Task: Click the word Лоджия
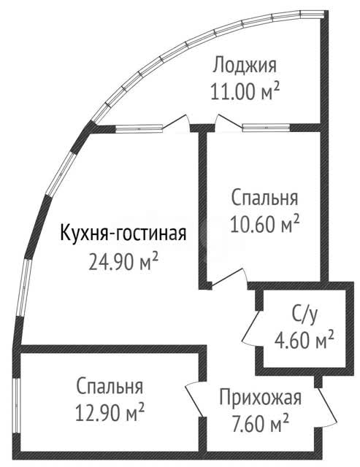245,65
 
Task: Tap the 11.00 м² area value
245,90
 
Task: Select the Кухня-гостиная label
123,233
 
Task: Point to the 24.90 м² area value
123,261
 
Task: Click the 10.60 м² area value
264,224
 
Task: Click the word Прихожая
261,398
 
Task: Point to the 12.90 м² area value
110,412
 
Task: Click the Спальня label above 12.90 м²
110,386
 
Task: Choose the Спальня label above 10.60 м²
264,198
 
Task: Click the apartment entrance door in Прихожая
326,407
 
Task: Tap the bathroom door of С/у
251,328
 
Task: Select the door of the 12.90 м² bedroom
195,399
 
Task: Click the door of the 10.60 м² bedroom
229,278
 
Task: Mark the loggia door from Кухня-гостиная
177,122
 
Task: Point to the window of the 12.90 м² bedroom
16,406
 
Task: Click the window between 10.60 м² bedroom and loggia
266,128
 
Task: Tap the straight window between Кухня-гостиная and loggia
139,128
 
